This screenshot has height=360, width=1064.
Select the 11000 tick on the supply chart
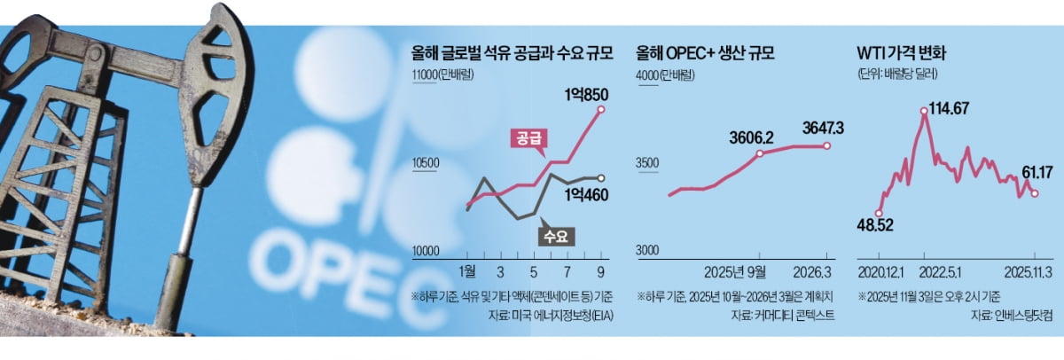[x=427, y=75]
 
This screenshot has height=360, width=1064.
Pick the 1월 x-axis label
[x=471, y=271]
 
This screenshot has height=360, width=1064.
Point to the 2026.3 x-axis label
[x=825, y=271]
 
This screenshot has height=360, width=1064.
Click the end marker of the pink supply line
[x=602, y=109]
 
